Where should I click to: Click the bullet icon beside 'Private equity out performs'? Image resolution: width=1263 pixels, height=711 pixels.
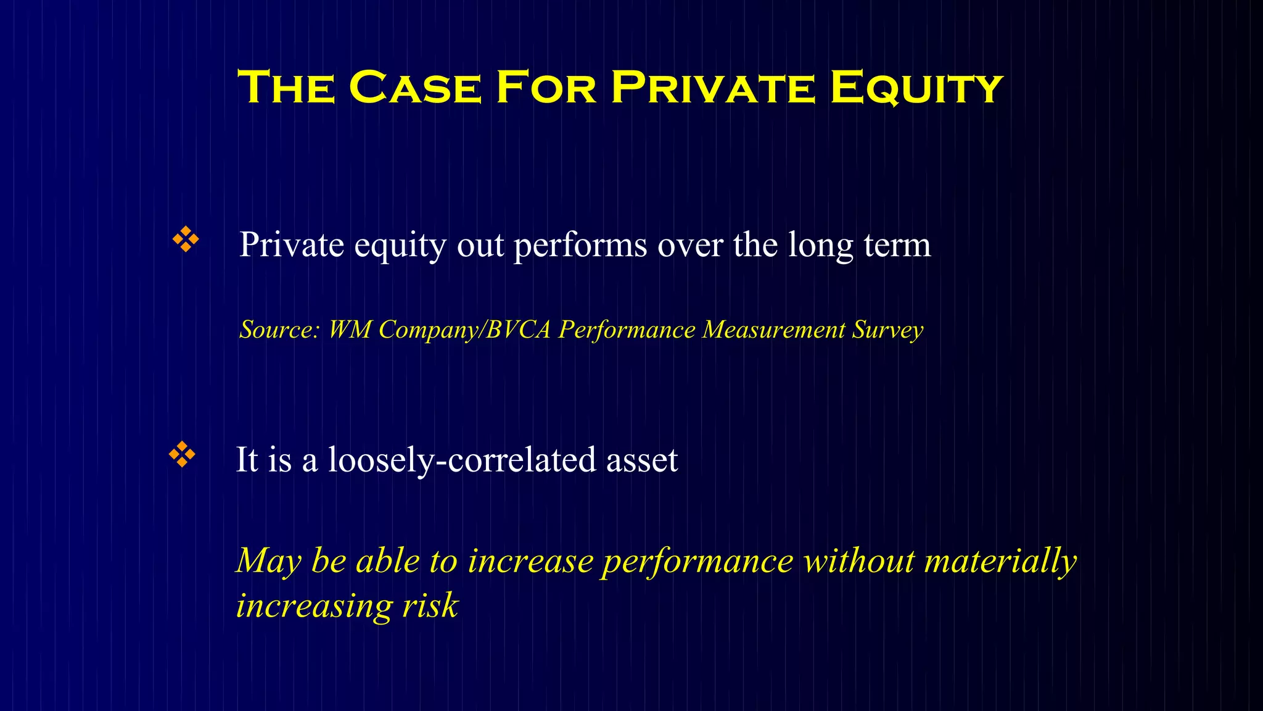186,239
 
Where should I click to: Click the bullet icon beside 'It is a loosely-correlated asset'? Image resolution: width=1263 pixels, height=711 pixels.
182,454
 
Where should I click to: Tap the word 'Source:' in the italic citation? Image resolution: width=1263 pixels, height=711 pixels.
279,330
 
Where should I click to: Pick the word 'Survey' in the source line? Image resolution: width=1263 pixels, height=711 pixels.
887,330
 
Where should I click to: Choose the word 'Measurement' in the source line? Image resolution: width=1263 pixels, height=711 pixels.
773,330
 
